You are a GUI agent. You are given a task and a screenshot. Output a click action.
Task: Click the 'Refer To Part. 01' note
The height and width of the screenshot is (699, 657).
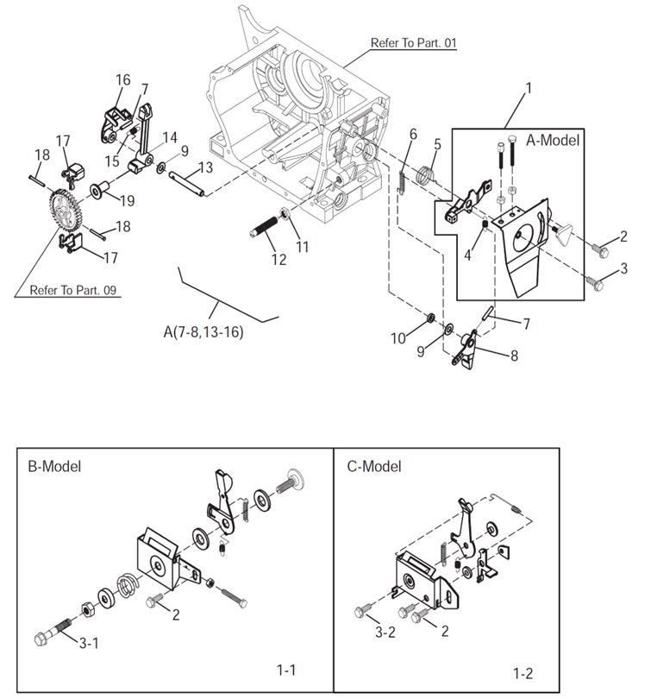413,42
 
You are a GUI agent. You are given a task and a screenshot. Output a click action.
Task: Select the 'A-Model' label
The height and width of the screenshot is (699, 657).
553,140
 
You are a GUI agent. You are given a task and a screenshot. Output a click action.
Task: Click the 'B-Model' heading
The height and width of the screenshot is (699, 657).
54,467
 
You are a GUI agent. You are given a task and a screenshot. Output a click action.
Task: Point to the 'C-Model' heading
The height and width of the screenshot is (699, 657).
374,467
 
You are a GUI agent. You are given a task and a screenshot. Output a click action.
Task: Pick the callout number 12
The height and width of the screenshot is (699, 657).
278,259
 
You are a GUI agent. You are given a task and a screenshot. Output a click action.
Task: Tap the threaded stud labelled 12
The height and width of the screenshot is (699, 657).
265,230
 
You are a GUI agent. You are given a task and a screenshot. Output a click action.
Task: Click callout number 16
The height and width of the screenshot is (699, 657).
122,80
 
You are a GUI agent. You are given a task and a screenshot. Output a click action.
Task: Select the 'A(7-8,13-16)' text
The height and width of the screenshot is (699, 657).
203,331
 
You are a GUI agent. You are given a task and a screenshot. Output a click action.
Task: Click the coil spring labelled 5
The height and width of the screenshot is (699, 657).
425,174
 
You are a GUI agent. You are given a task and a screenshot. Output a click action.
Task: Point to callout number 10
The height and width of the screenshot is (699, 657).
397,338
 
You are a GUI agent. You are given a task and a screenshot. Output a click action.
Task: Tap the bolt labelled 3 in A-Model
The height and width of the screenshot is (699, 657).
593,280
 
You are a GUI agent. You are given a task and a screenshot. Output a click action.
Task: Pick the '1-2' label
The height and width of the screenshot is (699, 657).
522,672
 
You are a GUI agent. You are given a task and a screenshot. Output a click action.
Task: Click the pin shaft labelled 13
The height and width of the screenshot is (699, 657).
189,185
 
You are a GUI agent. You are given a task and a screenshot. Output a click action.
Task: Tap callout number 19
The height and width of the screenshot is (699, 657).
127,201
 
